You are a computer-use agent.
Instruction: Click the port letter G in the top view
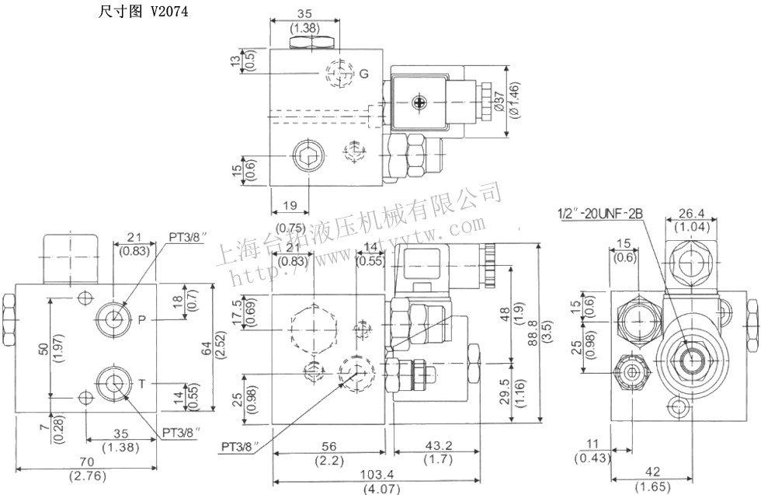[363, 74]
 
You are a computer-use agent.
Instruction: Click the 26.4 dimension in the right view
[690, 213]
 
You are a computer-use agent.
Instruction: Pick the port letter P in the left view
[142, 319]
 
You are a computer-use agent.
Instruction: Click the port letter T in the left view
[142, 382]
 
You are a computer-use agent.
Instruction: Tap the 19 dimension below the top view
[290, 206]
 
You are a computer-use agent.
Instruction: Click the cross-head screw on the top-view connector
[421, 100]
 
